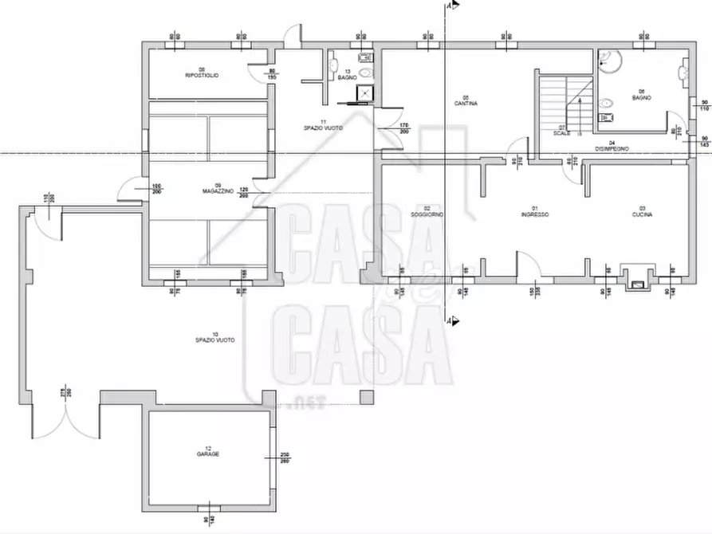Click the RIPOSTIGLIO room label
202,74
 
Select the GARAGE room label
208,454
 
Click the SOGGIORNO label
427,215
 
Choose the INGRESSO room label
534,215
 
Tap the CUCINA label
643,215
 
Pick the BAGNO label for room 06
642,97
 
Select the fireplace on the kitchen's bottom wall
637,278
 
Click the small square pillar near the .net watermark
367,397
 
